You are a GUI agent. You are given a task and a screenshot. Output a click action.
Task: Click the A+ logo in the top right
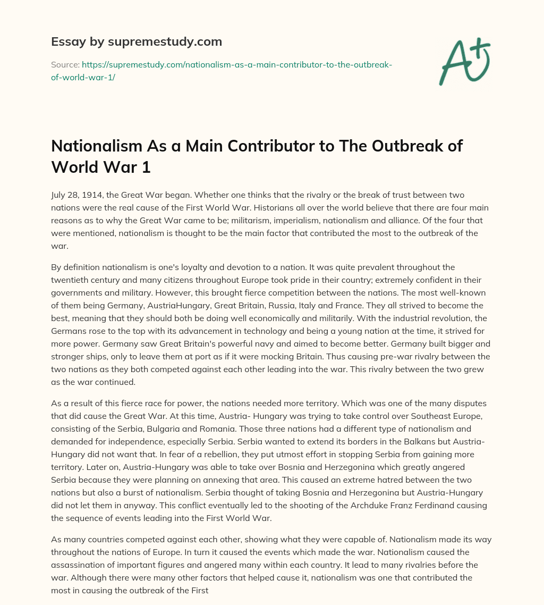(464, 60)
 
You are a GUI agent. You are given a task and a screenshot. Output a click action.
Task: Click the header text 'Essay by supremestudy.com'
(137, 41)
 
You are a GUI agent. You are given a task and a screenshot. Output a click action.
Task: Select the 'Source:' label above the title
(65, 64)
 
